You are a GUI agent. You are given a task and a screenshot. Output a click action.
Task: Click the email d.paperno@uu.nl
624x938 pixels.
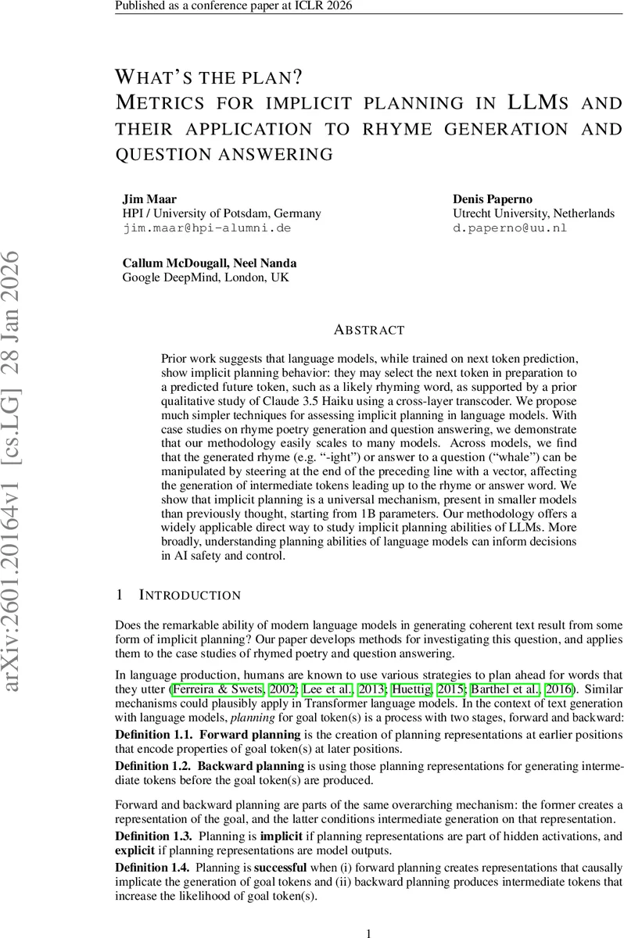509,228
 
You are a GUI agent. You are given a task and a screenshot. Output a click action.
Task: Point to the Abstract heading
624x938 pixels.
369,330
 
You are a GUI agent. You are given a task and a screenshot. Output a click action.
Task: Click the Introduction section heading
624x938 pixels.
189,596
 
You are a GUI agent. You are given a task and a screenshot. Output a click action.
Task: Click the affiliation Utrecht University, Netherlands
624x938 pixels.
533,213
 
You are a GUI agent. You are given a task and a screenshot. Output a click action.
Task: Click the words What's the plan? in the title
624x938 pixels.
209,77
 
